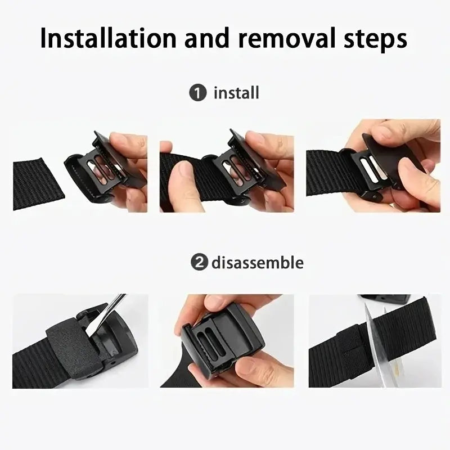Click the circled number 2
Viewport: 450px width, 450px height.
197,263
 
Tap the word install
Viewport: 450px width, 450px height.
236,93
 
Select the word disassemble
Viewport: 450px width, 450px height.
257,263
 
